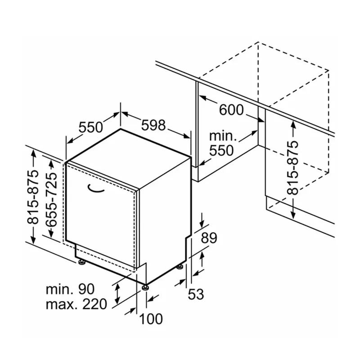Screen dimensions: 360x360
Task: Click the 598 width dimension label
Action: point(153,125)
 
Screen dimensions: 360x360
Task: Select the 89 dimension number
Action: point(209,238)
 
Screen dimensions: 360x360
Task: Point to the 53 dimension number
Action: point(196,294)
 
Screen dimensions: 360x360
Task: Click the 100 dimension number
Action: point(150,319)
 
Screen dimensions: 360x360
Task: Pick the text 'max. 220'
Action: point(76,304)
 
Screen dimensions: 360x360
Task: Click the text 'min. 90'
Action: point(69,288)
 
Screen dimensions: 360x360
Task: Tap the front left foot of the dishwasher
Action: point(81,261)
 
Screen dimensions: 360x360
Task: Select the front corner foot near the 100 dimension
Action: point(145,286)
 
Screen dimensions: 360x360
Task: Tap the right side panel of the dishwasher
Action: point(164,216)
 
